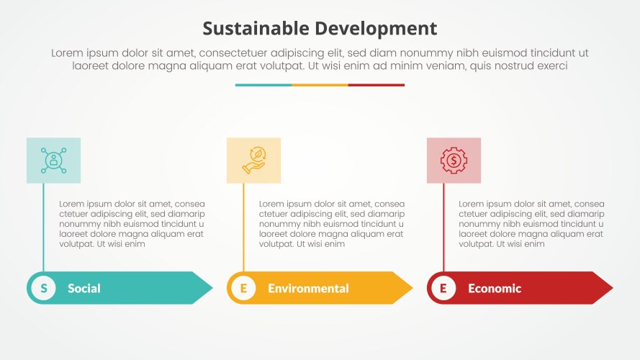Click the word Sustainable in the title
point(256,29)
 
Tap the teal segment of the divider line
point(263,85)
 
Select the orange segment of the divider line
point(320,85)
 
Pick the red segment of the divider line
point(377,85)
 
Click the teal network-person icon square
point(53,160)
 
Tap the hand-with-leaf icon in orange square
point(253,160)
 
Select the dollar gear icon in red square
point(454,160)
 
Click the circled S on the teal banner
point(44,289)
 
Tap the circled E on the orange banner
point(243,289)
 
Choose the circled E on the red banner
point(443,289)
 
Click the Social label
point(84,289)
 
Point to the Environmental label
point(308,289)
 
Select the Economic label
point(495,289)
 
